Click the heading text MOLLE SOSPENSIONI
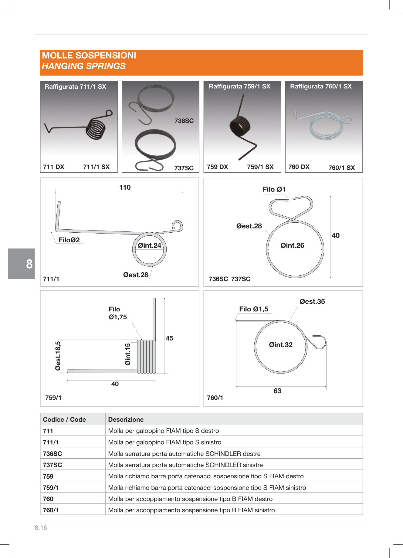click(89, 55)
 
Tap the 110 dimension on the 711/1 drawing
click(125, 187)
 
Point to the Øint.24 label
click(149, 245)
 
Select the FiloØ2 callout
click(69, 240)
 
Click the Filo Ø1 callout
click(274, 189)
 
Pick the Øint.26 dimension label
click(292, 245)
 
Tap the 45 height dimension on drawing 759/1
click(169, 338)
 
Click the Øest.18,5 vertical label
click(58, 356)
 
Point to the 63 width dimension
click(277, 391)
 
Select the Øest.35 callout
click(312, 301)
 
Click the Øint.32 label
click(280, 345)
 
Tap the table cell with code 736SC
click(52, 453)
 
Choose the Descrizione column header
click(126, 419)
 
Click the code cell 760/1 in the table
click(51, 510)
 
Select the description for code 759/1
click(207, 487)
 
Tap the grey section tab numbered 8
click(22, 264)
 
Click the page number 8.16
click(41, 527)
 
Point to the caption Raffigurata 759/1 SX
click(239, 86)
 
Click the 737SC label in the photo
click(184, 168)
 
